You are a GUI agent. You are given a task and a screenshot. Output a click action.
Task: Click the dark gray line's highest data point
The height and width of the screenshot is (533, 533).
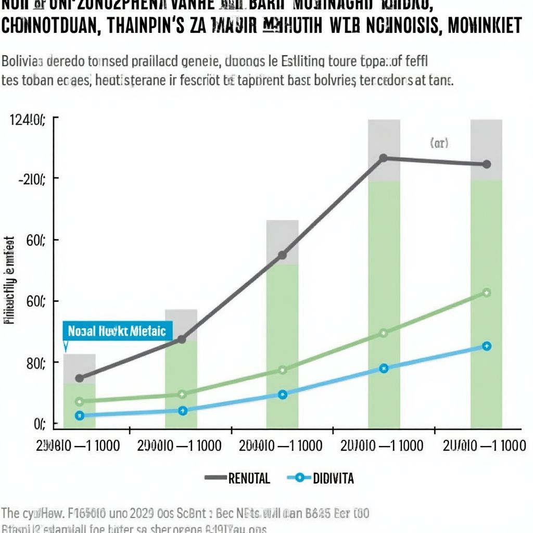tap(383, 158)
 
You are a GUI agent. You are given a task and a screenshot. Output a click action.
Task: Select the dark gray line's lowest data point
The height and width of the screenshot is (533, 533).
tap(79, 378)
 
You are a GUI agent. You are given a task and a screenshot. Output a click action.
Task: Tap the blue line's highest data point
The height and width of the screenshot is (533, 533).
tap(486, 346)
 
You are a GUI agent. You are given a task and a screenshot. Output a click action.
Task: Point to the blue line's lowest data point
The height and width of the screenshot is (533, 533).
tap(79, 415)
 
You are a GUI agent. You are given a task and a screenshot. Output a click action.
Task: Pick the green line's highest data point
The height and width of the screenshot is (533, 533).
tap(486, 293)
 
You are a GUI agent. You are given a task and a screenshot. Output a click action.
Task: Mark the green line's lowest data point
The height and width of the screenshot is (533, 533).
tap(79, 401)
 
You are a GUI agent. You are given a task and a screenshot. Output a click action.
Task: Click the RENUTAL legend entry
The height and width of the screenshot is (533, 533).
tap(238, 478)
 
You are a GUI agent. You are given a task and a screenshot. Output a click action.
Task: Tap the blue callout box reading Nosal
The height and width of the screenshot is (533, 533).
tap(117, 331)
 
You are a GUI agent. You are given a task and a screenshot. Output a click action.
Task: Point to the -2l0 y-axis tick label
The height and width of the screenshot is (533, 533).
tap(31, 180)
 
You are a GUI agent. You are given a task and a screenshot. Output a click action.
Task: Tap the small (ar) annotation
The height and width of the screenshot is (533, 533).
tap(439, 143)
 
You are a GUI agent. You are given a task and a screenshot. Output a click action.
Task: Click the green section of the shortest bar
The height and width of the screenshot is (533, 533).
tap(79, 406)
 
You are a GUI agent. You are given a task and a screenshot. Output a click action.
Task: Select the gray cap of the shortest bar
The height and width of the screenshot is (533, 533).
tap(79, 368)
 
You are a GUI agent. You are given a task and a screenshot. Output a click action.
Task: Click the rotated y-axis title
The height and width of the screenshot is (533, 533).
tap(9, 281)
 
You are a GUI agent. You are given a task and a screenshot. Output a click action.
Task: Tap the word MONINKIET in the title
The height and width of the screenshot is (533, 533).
tap(485, 27)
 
